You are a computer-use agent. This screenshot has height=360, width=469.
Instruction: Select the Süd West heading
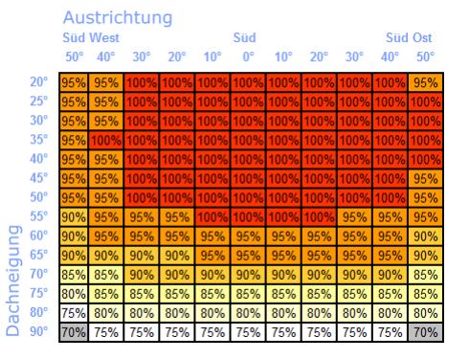point(92,38)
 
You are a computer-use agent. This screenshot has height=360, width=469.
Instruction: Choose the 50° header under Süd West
point(75,56)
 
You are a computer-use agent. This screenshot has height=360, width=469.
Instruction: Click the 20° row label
point(39,82)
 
